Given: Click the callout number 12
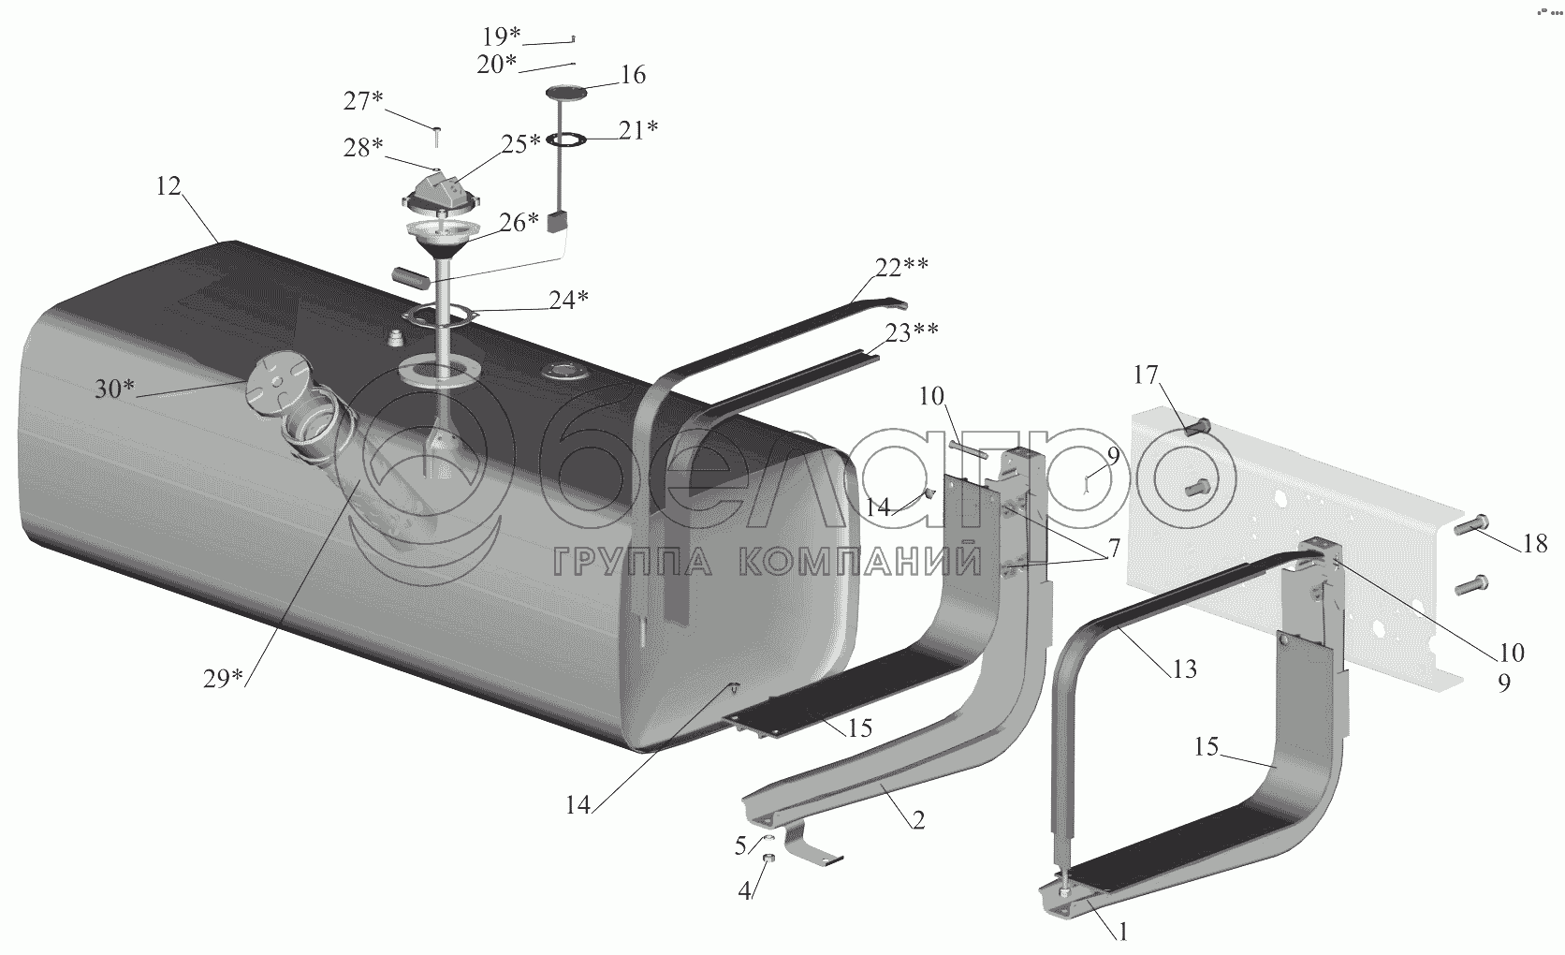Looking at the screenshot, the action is (x=168, y=185).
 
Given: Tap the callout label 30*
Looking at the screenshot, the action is (x=114, y=389).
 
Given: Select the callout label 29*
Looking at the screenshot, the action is (x=223, y=679).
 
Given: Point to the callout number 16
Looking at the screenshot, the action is (x=633, y=75).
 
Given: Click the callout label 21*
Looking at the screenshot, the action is (x=637, y=130).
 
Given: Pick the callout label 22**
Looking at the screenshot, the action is (x=902, y=267).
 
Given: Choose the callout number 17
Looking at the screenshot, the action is (x=1146, y=375).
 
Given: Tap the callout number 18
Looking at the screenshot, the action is (x=1535, y=544).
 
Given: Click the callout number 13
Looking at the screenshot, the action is (x=1184, y=669).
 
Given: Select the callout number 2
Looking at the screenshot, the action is (x=918, y=820).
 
